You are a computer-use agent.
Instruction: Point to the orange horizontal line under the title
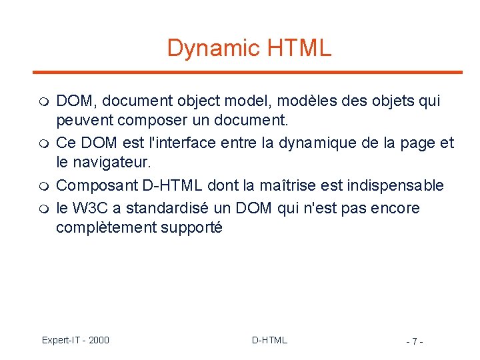coord(247,72)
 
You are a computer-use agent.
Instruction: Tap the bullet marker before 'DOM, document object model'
coord(43,103)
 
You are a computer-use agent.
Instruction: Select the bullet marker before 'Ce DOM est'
coord(43,144)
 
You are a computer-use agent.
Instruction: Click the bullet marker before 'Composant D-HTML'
coord(43,186)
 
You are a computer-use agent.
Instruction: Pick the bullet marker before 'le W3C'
coord(43,209)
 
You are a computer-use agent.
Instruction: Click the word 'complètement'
coord(106,228)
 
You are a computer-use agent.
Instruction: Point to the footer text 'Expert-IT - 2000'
coord(75,340)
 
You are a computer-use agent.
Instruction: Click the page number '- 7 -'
coord(414,341)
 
